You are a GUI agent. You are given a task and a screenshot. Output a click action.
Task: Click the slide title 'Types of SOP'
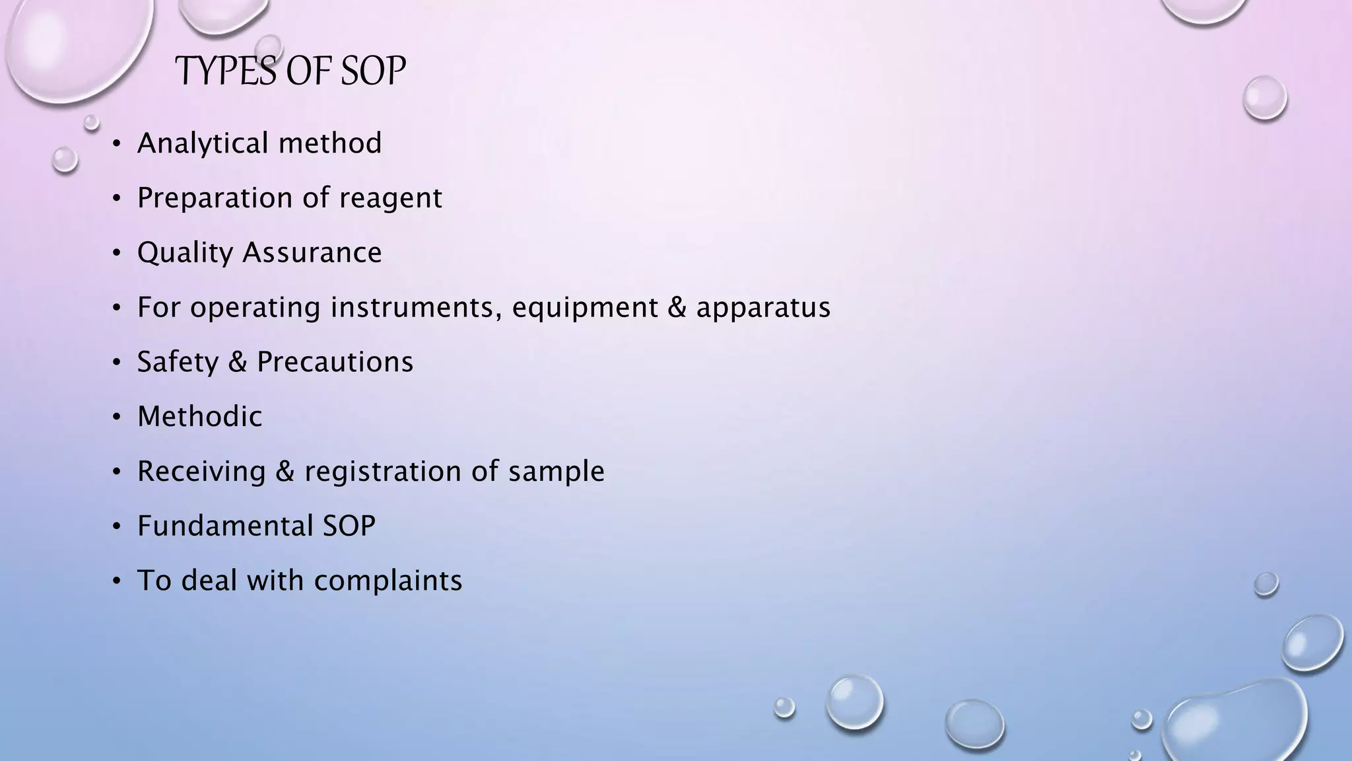pos(290,71)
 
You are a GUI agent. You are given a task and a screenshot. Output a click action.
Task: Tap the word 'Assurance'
pos(312,252)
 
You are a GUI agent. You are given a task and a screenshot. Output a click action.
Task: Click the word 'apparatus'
pos(763,308)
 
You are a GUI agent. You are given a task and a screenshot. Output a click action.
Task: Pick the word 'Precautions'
pos(335,362)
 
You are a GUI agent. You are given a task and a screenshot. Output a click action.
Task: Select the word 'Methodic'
pos(199,417)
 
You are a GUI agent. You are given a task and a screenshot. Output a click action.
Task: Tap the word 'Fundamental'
pos(225,526)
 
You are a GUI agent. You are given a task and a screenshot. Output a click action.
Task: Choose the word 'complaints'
pos(388,581)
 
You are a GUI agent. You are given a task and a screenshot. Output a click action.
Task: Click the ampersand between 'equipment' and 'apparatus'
pos(677,307)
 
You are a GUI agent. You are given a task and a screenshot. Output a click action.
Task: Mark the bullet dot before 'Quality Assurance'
pos(117,253)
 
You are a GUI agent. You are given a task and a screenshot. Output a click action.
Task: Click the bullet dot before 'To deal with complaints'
pos(117,581)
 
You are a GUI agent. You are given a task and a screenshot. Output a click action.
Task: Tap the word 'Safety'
pos(178,362)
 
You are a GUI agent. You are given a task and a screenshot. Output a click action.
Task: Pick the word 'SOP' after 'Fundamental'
pos(349,526)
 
